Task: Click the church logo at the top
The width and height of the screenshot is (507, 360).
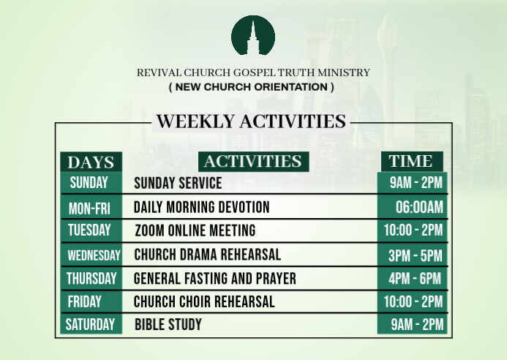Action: pos(253,34)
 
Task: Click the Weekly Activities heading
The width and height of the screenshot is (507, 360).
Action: pos(251,121)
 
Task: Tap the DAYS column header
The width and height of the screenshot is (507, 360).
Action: pos(91,162)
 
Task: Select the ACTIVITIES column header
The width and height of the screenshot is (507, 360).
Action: pos(253,161)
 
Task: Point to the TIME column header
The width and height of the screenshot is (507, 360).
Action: pos(410,161)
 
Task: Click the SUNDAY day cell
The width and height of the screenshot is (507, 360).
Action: pos(89,183)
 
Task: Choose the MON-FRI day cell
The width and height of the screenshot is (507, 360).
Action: pos(89,208)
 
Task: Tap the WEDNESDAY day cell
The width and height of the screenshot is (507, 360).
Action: pos(93,255)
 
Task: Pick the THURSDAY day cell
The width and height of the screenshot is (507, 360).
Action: pos(91,278)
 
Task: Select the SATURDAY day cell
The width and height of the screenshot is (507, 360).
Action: pos(91,324)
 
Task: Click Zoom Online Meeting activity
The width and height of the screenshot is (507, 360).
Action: pos(195,230)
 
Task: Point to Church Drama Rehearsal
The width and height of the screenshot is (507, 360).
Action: pos(208,255)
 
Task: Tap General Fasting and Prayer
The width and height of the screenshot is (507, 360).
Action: pos(215,279)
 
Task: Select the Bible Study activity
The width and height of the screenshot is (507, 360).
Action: pos(168,324)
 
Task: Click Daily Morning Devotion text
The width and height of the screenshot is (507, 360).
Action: pos(202,208)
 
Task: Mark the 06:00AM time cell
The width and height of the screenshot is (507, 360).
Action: pos(419,208)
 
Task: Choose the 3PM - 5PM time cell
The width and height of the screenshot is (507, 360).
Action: pos(416,255)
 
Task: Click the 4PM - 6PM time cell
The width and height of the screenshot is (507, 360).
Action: pos(416,279)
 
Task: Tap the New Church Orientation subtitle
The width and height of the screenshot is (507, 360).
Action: pos(252,87)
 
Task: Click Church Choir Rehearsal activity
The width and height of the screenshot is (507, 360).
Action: pos(205,301)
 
